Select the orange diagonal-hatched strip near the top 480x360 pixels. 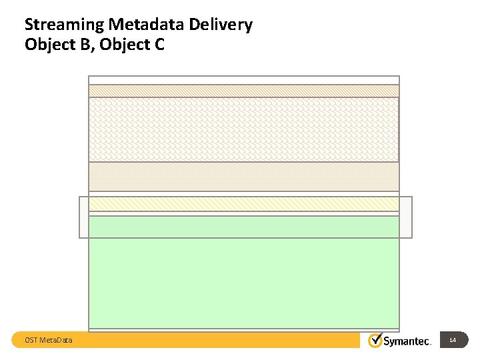pos(244,91)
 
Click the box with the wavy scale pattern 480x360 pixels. pos(244,129)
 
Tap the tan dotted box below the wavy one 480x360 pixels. pos(244,177)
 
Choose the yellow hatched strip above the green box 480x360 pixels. pos(244,203)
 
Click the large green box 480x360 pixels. pos(244,273)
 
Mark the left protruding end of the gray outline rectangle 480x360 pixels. pos(84,217)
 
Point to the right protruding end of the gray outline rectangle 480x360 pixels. pos(405,217)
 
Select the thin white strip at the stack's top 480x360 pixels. pos(244,80)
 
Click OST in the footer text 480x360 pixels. pos(31,341)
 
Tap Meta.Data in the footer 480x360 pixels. pos(57,341)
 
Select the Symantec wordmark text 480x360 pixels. pos(407,341)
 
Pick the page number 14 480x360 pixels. pos(453,341)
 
